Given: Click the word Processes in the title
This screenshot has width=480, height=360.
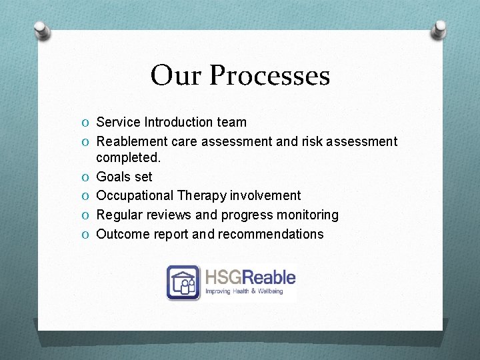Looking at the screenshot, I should [269, 75].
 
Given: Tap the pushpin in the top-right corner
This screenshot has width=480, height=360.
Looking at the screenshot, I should [439, 29].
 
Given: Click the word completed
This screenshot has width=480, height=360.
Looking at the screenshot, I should [129, 159].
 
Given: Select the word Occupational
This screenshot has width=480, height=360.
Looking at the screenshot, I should [135, 195].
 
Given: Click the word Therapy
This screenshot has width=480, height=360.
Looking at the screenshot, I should [202, 195].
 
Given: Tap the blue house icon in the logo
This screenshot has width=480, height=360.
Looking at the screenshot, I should [183, 282].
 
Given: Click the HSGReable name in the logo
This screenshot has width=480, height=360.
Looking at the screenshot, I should [250, 277].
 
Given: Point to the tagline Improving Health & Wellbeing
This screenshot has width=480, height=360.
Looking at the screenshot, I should [244, 291].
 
